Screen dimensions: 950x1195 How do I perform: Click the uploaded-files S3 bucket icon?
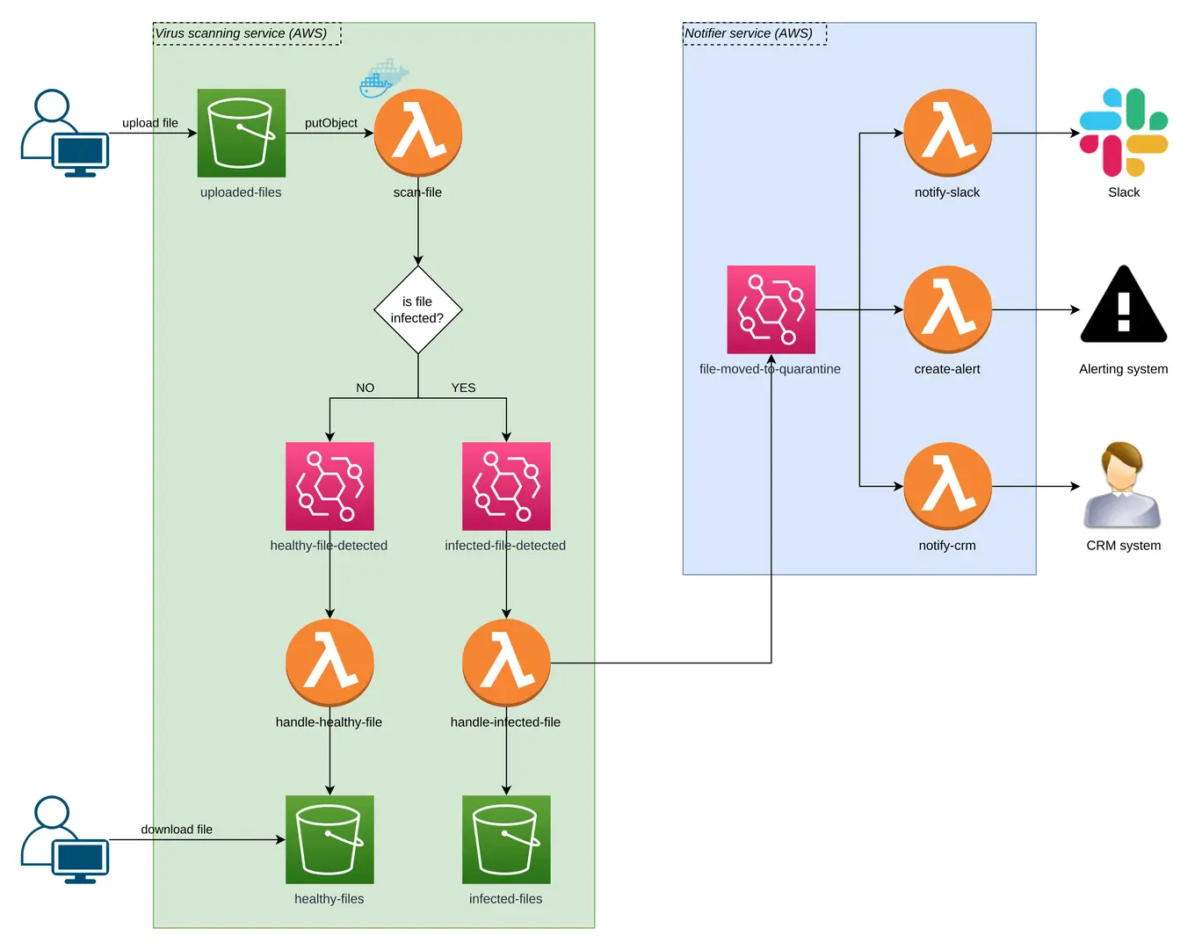tap(241, 133)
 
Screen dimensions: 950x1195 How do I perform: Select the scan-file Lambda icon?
tap(417, 133)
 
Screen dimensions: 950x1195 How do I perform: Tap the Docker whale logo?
tap(383, 78)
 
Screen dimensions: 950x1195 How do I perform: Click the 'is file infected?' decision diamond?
tap(417, 310)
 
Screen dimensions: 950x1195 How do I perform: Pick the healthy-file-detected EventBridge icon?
tap(330, 486)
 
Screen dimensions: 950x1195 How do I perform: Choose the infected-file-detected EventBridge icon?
tap(506, 486)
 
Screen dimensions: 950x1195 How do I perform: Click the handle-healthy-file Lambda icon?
tap(330, 663)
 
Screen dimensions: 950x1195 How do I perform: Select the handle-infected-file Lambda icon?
tap(506, 663)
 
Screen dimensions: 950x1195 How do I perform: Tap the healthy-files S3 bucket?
tap(330, 839)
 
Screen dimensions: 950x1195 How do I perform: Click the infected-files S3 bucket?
tap(506, 839)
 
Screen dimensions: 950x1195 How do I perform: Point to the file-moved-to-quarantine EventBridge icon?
tap(771, 309)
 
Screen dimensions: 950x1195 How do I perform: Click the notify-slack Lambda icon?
tap(947, 133)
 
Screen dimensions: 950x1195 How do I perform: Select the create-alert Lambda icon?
tap(947, 309)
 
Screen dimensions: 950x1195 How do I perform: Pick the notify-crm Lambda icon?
tap(947, 486)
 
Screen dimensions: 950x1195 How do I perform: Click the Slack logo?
tap(1123, 133)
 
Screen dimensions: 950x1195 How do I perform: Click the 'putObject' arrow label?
tap(330, 123)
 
